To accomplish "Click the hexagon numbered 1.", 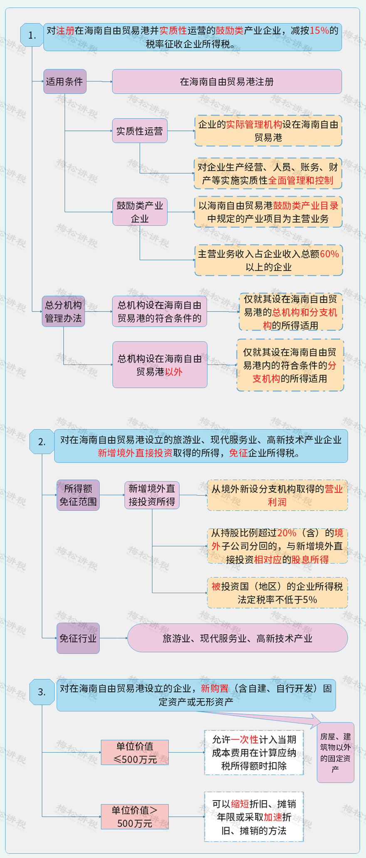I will pos(32,35).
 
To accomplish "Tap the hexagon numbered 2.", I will pos(42,441).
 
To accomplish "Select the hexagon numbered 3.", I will pos(42,692).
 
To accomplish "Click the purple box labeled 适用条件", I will pos(65,82).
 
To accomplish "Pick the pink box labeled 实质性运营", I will pos(140,131).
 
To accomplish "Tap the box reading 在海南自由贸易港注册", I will pos(227,82).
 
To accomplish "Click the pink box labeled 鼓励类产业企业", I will pos(140,212).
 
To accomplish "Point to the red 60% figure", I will pos(329,254).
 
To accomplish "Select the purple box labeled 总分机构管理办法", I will pos(63,312).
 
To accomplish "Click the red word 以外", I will pos(174,372).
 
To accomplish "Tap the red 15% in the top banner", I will pos(319,30).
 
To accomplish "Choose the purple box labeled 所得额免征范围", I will pos(78,495).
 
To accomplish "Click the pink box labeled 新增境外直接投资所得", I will pos(152,495).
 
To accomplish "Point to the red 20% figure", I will pos(287,533).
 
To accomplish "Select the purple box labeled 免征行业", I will pos(78,638).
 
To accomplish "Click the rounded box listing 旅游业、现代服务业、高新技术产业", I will pos(237,638).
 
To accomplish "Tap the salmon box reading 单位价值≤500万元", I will pos(135,753).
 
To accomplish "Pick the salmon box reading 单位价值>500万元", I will pos(135,817).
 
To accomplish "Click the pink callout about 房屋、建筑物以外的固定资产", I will pos(335,753).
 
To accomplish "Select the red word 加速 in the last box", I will pos(273,817).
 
